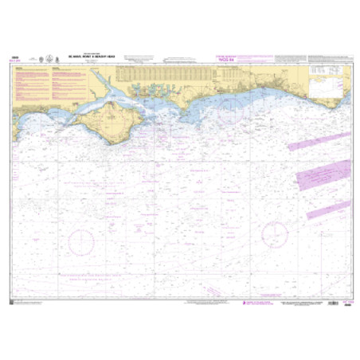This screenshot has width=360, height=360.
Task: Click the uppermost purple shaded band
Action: [318, 144]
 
